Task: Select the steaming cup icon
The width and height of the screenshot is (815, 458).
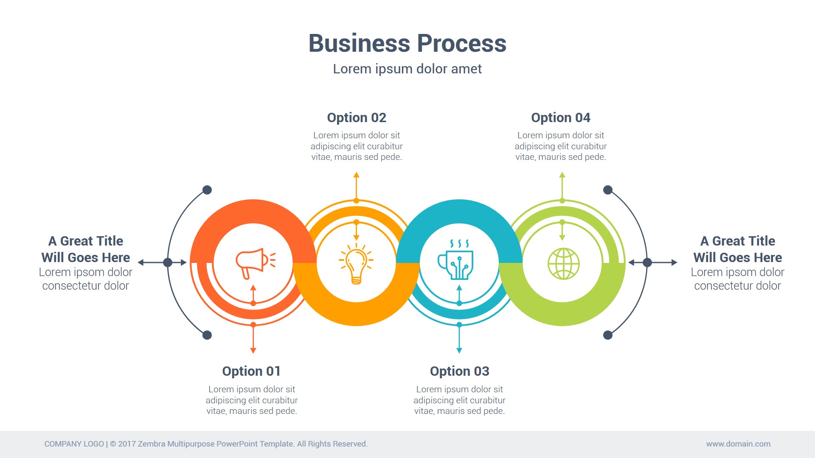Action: (x=456, y=260)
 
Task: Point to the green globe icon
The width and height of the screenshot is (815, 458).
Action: (x=563, y=263)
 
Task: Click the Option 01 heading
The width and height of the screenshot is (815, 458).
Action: (x=251, y=371)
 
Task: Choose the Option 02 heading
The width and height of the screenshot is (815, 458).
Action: (x=357, y=117)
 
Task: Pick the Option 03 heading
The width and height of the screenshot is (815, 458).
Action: (x=459, y=371)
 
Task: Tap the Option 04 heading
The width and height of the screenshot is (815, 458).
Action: (x=560, y=117)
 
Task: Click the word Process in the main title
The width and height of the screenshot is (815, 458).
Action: (x=461, y=43)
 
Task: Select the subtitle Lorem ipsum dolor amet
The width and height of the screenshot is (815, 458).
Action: (x=407, y=69)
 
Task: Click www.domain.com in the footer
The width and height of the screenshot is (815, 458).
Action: (x=738, y=444)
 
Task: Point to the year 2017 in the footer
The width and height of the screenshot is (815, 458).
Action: (x=127, y=444)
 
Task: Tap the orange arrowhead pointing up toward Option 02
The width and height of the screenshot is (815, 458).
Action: (x=357, y=175)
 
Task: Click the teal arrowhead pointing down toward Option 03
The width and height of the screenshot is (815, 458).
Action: (x=459, y=350)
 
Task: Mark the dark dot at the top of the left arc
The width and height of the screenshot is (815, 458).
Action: (x=207, y=190)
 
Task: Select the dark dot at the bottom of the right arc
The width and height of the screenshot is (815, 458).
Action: (x=608, y=335)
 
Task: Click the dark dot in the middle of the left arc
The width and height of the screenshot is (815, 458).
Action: (x=168, y=263)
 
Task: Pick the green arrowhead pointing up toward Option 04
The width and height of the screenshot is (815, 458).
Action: (x=562, y=175)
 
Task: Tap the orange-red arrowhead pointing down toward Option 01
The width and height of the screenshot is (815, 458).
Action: (x=253, y=350)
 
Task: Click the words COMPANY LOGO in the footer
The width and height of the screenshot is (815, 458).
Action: (x=74, y=444)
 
